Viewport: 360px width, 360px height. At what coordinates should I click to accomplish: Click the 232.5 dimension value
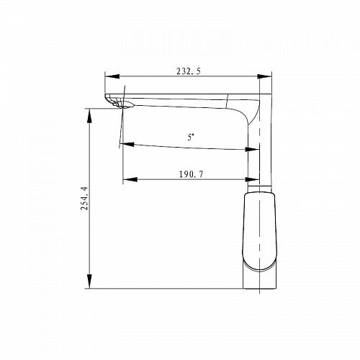[x=189, y=71]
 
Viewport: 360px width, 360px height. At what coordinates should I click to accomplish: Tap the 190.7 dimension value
[x=191, y=174]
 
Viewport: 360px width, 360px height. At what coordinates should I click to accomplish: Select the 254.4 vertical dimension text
[x=84, y=198]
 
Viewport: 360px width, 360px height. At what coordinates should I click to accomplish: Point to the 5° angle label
[x=191, y=138]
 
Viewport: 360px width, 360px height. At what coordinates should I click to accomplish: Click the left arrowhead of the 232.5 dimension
[x=112, y=76]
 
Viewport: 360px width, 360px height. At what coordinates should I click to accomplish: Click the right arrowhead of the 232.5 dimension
[x=264, y=76]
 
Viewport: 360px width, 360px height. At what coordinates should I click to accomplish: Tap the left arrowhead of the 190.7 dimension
[x=130, y=179]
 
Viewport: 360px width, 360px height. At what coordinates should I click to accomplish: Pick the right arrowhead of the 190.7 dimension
[x=252, y=179]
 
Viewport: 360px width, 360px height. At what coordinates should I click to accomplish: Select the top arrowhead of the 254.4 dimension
[x=89, y=116]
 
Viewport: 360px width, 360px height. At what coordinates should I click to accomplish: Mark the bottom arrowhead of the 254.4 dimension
[x=89, y=282]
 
